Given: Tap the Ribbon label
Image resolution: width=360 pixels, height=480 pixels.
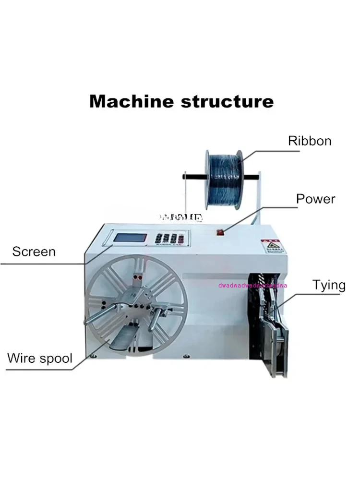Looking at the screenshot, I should pos(310,141).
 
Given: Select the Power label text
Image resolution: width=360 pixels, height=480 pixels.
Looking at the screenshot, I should pos(315,199).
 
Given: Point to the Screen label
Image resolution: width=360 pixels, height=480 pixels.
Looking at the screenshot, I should pos(34,252).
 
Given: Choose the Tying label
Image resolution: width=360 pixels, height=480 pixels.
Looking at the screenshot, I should pos(329,285).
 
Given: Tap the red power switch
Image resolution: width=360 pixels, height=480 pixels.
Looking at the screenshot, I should pos(221,233).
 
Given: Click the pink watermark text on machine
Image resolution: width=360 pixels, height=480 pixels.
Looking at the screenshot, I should pos(252,285).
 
